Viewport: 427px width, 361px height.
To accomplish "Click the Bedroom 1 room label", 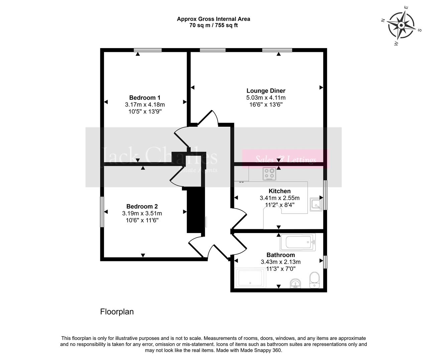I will [x=145, y=98].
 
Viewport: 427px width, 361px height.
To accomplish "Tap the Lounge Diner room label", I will [x=266, y=91].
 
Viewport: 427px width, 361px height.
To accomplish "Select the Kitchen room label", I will [x=280, y=191].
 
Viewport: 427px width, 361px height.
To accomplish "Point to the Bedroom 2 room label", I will [x=142, y=207].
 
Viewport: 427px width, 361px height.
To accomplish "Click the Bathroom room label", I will [x=281, y=255].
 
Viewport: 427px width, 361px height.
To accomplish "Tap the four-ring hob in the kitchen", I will [x=270, y=174].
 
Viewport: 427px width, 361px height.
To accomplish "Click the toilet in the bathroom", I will [x=315, y=280].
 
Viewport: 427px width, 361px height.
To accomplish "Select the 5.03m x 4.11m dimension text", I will [x=266, y=98].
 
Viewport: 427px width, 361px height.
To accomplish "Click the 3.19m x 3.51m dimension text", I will [x=142, y=213].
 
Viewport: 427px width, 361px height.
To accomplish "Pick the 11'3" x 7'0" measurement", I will [x=281, y=268].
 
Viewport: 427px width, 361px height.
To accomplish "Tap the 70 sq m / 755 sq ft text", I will [x=213, y=25].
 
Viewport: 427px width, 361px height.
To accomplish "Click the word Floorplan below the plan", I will [x=117, y=312].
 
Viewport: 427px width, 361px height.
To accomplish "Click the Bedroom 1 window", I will [x=148, y=50].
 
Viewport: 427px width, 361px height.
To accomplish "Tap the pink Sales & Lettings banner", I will [x=286, y=159].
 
